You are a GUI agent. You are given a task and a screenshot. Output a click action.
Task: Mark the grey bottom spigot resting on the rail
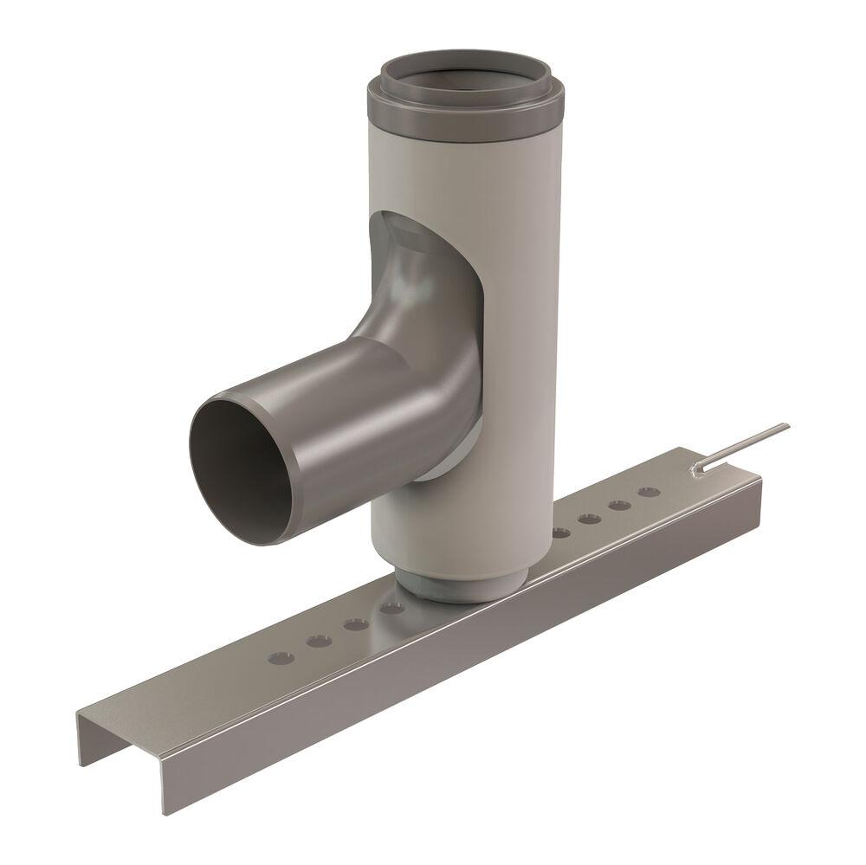pos(450,589)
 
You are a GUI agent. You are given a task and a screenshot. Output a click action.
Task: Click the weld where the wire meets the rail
pos(697,468)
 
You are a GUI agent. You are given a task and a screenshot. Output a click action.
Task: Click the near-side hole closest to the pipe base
pos(391,609)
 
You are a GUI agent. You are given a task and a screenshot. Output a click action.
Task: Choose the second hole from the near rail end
pos(319,642)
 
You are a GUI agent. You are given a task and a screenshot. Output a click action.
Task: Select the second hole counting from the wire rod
pos(618,505)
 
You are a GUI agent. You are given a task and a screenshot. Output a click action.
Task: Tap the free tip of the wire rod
pos(786,425)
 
